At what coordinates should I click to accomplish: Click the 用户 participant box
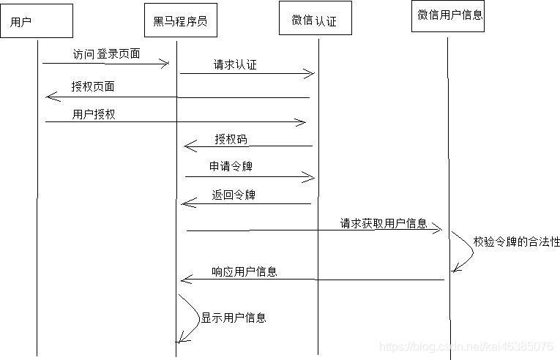click(37, 21)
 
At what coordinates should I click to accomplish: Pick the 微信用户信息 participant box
click(449, 15)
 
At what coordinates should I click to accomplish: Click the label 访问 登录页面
click(106, 54)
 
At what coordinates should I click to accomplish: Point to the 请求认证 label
click(235, 65)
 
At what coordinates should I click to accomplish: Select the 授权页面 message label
click(93, 86)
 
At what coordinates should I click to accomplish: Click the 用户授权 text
click(94, 115)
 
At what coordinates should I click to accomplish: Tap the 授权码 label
click(231, 139)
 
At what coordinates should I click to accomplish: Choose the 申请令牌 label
click(231, 168)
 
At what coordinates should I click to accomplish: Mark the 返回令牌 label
click(234, 195)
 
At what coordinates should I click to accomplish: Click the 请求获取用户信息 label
click(383, 224)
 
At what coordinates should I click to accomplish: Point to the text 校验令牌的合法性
click(516, 241)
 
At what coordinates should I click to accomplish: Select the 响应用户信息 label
click(244, 271)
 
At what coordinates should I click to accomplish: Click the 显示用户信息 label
click(234, 318)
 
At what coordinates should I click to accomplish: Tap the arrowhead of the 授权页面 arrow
click(49, 97)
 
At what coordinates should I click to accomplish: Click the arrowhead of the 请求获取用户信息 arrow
click(438, 230)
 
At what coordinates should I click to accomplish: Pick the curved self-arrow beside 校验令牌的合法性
click(466, 252)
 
